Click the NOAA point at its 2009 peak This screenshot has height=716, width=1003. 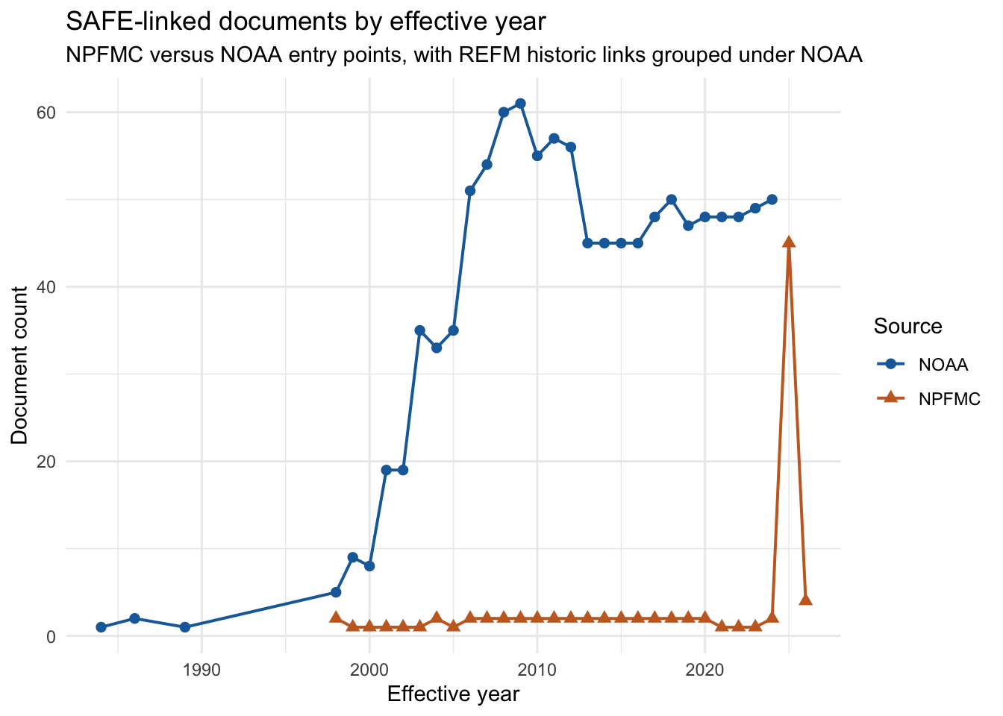tap(520, 104)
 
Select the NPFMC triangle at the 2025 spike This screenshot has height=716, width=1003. tap(789, 242)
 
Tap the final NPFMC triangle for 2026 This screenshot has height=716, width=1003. tap(805, 600)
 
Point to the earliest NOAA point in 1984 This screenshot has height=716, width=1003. tap(101, 627)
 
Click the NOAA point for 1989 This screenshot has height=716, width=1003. tap(185, 627)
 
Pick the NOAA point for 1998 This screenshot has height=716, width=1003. tap(336, 592)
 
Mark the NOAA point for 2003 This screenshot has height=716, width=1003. tap(419, 330)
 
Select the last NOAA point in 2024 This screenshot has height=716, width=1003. tap(772, 199)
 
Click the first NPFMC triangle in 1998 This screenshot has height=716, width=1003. tap(336, 618)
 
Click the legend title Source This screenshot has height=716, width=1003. tap(907, 327)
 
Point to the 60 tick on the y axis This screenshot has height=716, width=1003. tap(47, 113)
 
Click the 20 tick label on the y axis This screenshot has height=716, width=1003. tap(47, 462)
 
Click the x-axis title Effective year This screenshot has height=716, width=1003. tap(453, 694)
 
